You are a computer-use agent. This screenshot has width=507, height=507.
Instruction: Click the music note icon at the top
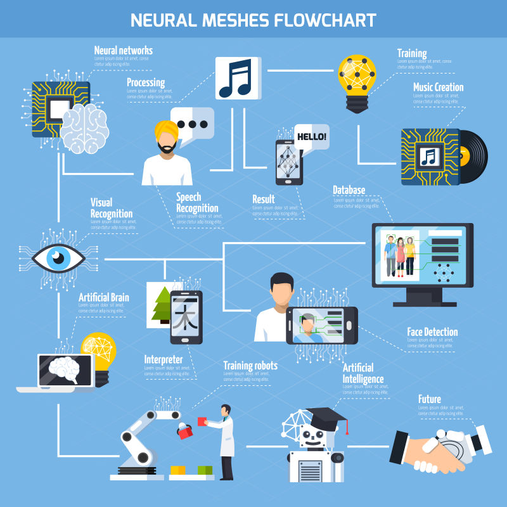237,78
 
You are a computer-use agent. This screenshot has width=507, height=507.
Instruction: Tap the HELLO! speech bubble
311,136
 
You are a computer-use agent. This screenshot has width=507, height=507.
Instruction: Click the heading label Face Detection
432,331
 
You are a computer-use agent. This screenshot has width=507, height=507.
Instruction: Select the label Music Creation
438,87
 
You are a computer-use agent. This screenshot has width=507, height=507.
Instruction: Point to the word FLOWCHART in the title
324,20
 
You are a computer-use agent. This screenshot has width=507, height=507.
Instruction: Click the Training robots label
250,365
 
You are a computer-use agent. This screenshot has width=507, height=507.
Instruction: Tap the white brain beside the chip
84,128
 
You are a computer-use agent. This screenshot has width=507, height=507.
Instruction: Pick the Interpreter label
164,359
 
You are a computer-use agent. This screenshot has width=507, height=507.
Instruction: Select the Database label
349,190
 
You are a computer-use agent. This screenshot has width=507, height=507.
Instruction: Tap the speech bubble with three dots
193,124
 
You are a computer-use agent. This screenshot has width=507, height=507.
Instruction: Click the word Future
430,399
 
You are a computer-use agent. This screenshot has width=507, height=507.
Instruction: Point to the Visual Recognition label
111,208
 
